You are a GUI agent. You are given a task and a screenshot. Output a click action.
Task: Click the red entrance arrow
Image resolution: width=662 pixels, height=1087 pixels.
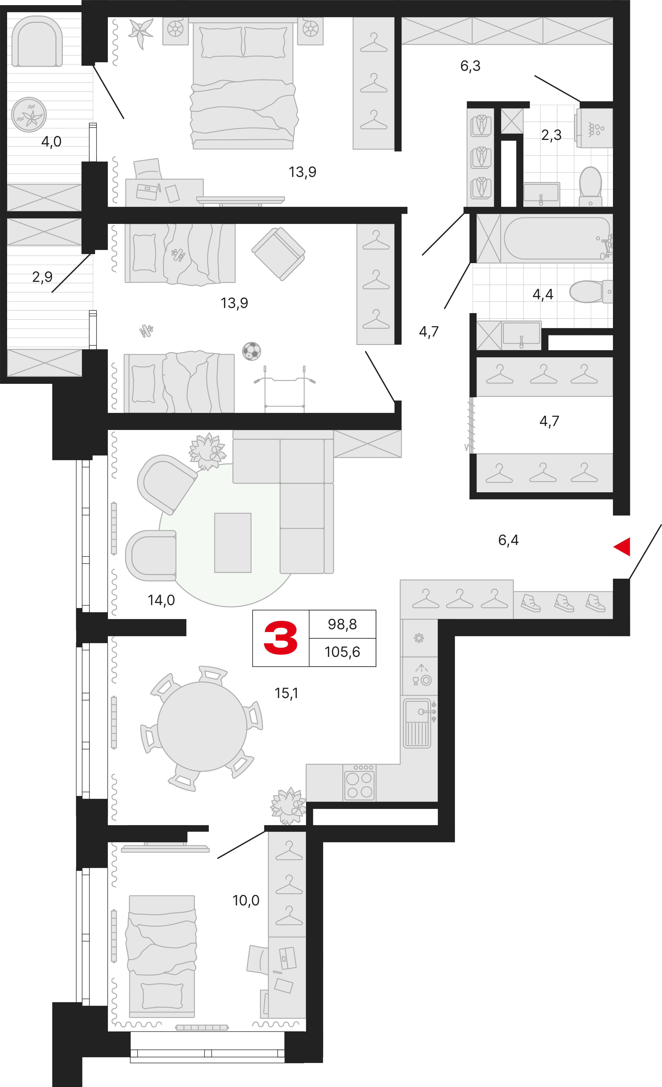(x=623, y=547)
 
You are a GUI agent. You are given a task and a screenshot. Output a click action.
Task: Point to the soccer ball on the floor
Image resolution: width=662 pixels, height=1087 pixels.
(x=252, y=351)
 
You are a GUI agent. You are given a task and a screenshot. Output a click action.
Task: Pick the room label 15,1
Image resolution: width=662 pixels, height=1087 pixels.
(x=286, y=693)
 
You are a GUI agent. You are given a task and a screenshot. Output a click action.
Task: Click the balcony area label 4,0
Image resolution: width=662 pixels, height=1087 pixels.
(x=51, y=142)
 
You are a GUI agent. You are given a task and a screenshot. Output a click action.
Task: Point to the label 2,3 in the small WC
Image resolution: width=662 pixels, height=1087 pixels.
(x=551, y=135)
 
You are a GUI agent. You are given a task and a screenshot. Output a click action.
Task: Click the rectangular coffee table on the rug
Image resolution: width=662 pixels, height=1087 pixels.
(x=233, y=543)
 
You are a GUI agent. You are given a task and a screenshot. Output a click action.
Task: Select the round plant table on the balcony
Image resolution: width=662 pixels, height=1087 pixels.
(x=29, y=115)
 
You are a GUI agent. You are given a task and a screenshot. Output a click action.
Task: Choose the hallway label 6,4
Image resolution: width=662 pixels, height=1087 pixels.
(x=508, y=540)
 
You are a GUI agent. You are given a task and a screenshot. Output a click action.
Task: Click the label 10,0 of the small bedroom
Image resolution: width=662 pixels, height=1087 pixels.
(x=246, y=900)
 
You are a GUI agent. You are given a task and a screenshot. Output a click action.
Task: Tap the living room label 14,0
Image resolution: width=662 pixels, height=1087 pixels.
(x=161, y=600)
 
